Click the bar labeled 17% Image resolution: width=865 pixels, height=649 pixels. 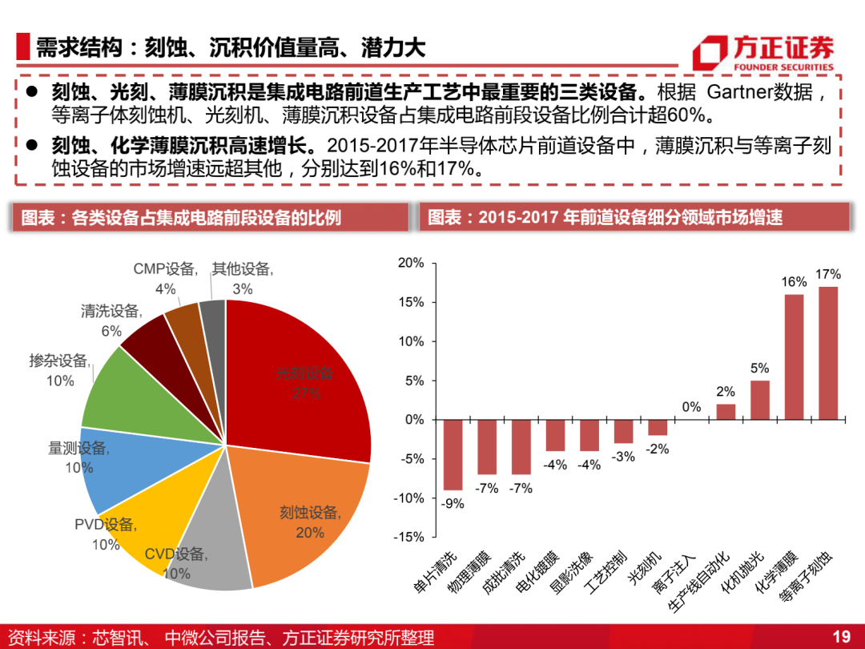828,353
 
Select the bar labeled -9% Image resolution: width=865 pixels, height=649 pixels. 453,455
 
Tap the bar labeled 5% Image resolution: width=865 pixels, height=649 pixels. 759,400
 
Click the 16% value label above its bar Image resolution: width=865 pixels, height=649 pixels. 794,282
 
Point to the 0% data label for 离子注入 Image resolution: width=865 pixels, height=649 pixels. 691,407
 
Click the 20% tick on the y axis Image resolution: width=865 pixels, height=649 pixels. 410,263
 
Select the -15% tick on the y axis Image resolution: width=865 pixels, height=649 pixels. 408,537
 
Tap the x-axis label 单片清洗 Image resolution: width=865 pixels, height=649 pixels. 436,572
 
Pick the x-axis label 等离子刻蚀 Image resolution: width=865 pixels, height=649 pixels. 806,577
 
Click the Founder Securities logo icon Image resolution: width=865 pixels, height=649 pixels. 710,52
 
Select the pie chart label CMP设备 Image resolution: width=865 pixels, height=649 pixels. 165,269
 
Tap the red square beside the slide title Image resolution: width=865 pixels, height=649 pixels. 22,46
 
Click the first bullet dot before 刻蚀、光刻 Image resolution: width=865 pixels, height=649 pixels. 31,91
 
